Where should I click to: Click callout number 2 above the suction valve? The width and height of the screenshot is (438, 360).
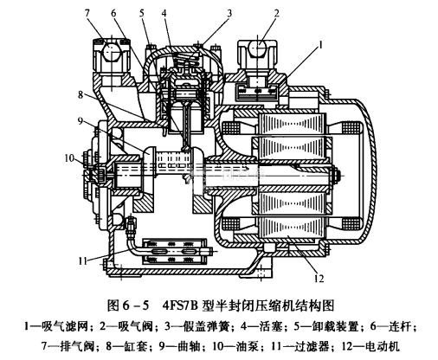click(277, 13)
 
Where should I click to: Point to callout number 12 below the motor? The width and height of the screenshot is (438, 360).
click(319, 279)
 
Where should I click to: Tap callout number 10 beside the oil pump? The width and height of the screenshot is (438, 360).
click(69, 158)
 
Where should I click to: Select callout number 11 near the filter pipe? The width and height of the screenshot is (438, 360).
click(83, 261)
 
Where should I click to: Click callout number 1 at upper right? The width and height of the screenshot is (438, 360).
click(320, 45)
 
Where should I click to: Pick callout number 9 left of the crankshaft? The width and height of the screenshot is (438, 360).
click(81, 120)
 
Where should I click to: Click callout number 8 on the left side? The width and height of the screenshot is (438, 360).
click(81, 95)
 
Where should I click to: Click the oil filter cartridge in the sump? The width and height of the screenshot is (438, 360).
click(176, 252)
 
